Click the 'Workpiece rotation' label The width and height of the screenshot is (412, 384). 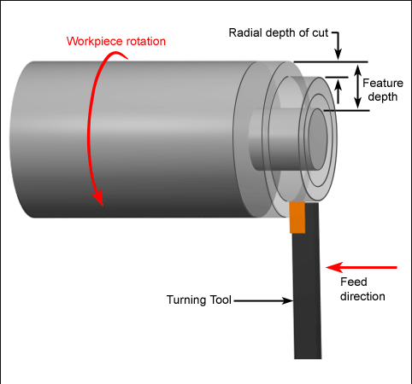(x=116, y=42)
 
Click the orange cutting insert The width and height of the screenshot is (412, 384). (x=297, y=218)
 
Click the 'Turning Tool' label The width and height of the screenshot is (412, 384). (x=199, y=300)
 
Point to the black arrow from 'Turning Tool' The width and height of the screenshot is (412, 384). (x=263, y=300)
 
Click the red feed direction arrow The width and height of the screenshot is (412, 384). (x=362, y=267)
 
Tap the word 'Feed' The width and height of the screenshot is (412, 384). (x=354, y=282)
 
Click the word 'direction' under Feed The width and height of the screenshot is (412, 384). (x=362, y=296)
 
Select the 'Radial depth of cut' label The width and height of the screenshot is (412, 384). (x=279, y=33)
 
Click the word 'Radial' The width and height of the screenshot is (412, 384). (x=245, y=33)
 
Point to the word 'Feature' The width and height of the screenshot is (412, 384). (x=383, y=83)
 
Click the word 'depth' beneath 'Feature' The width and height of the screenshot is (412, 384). (x=383, y=97)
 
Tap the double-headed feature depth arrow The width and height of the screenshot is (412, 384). (x=358, y=86)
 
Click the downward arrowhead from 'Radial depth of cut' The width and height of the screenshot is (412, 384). (x=338, y=54)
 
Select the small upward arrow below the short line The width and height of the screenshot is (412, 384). (x=338, y=91)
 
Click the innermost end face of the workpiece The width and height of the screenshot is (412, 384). (x=318, y=139)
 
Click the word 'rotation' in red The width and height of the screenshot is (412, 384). (x=146, y=42)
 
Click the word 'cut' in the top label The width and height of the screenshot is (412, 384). (x=321, y=33)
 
